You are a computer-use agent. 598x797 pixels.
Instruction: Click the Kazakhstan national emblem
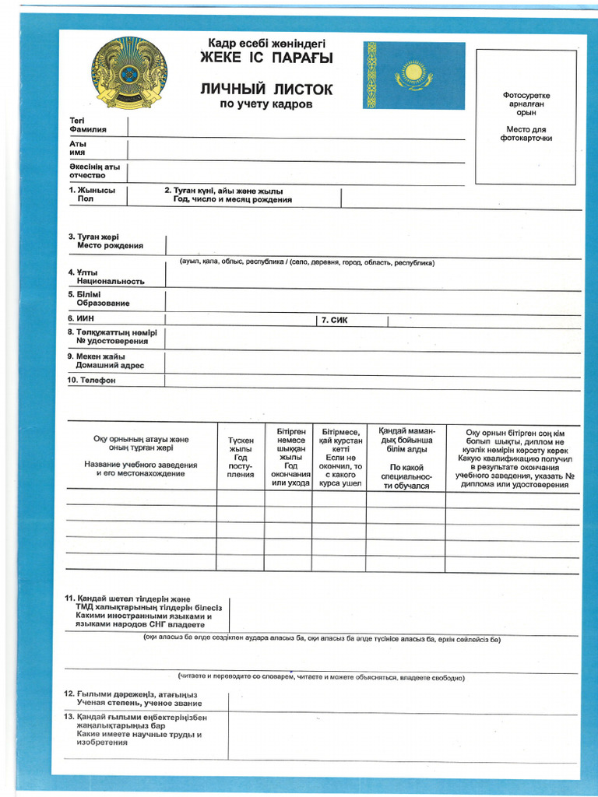coord(128,72)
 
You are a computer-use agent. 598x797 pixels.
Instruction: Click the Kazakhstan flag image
coord(413,75)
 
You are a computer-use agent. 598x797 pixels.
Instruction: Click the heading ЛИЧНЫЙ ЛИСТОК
coord(266,90)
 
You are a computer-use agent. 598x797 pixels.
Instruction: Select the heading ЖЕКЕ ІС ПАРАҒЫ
coord(266,58)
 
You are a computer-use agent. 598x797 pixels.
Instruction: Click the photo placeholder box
coord(526,117)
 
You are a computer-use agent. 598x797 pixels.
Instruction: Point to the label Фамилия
coord(88,129)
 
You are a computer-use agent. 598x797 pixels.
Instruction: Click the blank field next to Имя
coord(296,149)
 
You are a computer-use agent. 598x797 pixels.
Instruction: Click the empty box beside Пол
coord(144,195)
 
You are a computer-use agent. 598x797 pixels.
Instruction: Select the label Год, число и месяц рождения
coord(232,200)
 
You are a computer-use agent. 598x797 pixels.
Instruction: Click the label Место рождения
coord(109,245)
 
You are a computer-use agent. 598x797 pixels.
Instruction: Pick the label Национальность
coord(110,281)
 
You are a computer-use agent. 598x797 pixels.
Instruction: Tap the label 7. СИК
coord(334,320)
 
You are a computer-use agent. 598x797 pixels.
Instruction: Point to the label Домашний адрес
coord(109,365)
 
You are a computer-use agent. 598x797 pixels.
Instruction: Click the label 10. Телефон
coord(92,381)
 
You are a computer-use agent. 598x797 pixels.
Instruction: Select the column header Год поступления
coord(241,457)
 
